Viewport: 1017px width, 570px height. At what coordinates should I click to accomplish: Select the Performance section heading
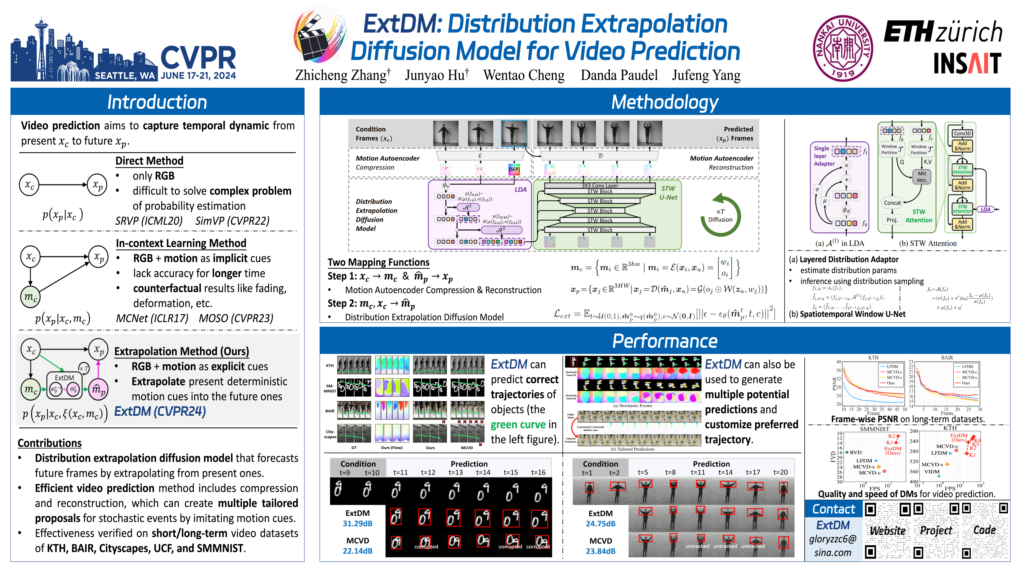click(665, 341)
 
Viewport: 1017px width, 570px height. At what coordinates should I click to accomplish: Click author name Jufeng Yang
click(706, 75)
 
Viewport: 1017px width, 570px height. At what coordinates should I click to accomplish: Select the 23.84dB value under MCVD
click(600, 551)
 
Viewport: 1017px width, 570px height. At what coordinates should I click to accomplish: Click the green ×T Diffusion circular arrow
click(720, 215)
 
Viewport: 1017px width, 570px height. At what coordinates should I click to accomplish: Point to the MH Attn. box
click(921, 177)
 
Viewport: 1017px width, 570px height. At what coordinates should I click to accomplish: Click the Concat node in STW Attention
click(892, 203)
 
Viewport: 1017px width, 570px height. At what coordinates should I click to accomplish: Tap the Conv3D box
click(962, 134)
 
